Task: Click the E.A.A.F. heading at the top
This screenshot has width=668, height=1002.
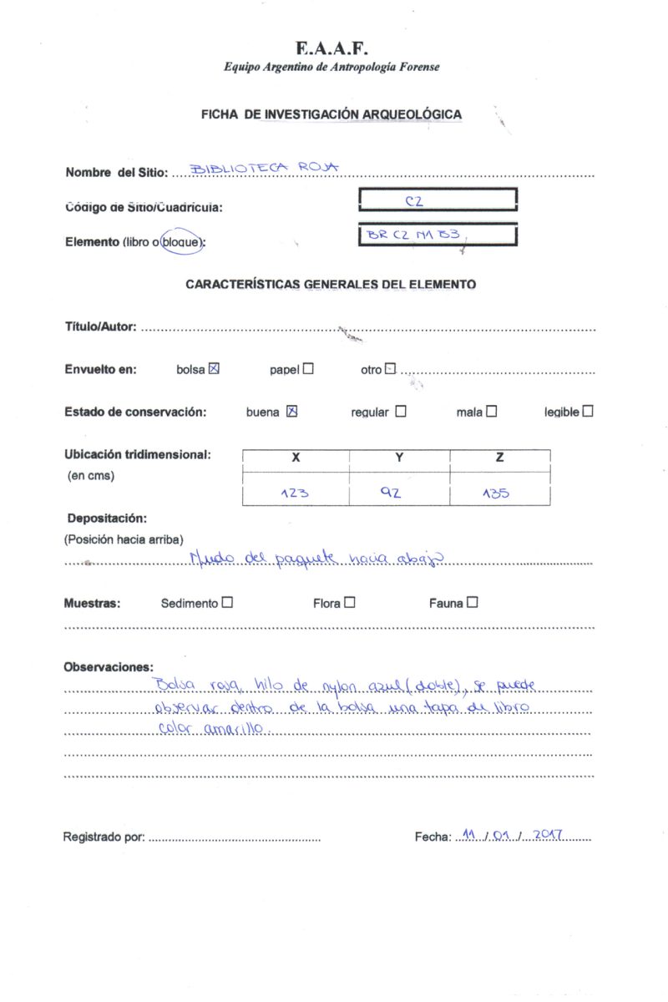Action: tap(331, 48)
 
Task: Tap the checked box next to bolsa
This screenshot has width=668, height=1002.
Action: tap(214, 369)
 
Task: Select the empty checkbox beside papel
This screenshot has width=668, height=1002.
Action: tap(309, 369)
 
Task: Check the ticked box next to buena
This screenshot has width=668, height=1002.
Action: tap(292, 411)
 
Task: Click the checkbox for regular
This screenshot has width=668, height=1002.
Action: tap(401, 411)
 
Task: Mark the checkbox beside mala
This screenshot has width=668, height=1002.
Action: tap(491, 411)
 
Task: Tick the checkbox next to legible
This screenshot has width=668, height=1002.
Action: tap(588, 411)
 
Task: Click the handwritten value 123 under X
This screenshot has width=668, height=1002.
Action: tap(295, 493)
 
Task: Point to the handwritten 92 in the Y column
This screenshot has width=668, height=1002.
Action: tap(391, 493)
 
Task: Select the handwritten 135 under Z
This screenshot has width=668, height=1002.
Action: tap(496, 493)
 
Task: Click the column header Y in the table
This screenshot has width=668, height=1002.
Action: tap(399, 458)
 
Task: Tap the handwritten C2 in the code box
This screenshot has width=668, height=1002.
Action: tap(414, 201)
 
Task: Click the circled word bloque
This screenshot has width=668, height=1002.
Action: tap(182, 242)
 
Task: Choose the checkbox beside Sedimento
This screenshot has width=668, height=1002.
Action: tap(228, 602)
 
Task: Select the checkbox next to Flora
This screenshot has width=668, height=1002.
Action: tap(349, 602)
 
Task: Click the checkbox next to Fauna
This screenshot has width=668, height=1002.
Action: tap(473, 602)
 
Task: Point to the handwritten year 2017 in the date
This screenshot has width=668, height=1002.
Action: tap(549, 834)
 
